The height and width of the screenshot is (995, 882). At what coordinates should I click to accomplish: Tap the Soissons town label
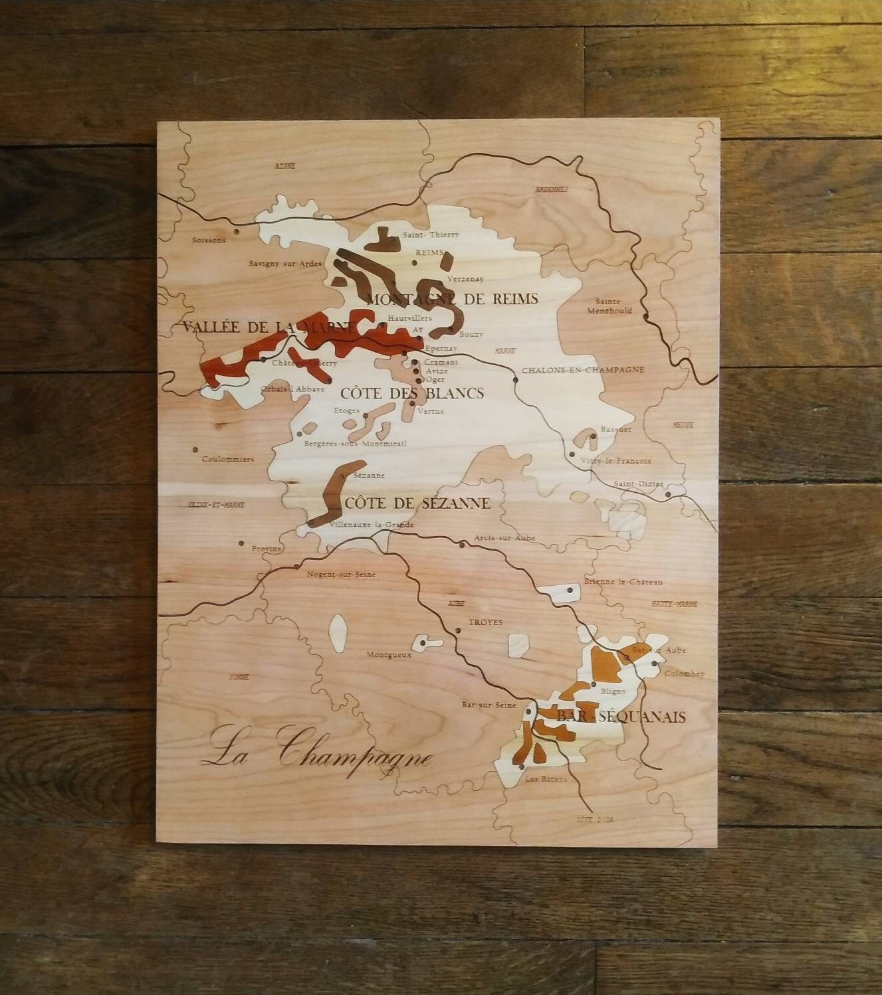(x=208, y=240)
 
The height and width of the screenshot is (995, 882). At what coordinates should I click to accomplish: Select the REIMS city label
(x=429, y=253)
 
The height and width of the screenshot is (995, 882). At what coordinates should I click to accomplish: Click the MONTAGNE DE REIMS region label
(x=452, y=299)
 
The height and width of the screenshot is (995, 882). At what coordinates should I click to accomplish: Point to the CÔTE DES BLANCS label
(x=412, y=393)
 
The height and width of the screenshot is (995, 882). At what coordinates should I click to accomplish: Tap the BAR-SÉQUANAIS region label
(x=621, y=717)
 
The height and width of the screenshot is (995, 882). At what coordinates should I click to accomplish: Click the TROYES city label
(x=486, y=622)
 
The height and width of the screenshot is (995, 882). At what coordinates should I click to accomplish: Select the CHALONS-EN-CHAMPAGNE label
(x=583, y=370)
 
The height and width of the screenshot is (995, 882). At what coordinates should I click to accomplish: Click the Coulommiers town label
(x=228, y=459)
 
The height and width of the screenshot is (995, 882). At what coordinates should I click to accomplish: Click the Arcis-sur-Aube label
(x=504, y=538)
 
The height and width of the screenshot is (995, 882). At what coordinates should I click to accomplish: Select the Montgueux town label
(x=389, y=654)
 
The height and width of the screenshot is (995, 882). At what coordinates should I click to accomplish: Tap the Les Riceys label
(x=546, y=778)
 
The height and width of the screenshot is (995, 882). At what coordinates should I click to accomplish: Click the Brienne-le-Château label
(x=623, y=582)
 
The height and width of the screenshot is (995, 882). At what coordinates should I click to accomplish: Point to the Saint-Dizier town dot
(x=668, y=494)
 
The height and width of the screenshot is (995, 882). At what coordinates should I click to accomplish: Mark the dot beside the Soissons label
(x=237, y=232)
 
